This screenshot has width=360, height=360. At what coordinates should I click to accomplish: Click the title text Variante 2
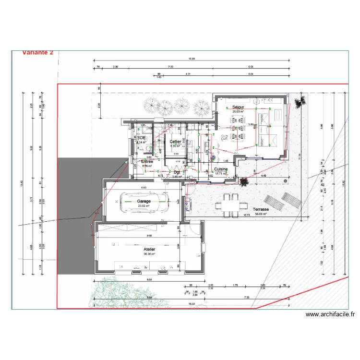38,53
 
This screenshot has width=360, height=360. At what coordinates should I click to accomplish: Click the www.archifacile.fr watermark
330,315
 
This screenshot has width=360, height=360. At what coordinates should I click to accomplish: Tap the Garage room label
144,201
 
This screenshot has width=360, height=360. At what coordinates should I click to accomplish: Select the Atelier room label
149,250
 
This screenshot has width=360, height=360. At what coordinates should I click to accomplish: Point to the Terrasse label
261,209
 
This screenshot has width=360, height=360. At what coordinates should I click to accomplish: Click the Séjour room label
238,107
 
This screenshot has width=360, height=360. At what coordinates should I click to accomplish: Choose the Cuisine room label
221,169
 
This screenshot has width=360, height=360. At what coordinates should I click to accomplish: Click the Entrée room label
147,162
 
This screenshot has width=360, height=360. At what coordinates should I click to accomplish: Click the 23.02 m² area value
144,206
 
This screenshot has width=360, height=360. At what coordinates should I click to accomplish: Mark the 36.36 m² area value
149,254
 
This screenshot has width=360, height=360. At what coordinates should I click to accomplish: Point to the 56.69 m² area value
261,214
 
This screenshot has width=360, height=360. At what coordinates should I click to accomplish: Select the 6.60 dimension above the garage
143,187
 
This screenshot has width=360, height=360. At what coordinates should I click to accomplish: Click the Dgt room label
177,172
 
